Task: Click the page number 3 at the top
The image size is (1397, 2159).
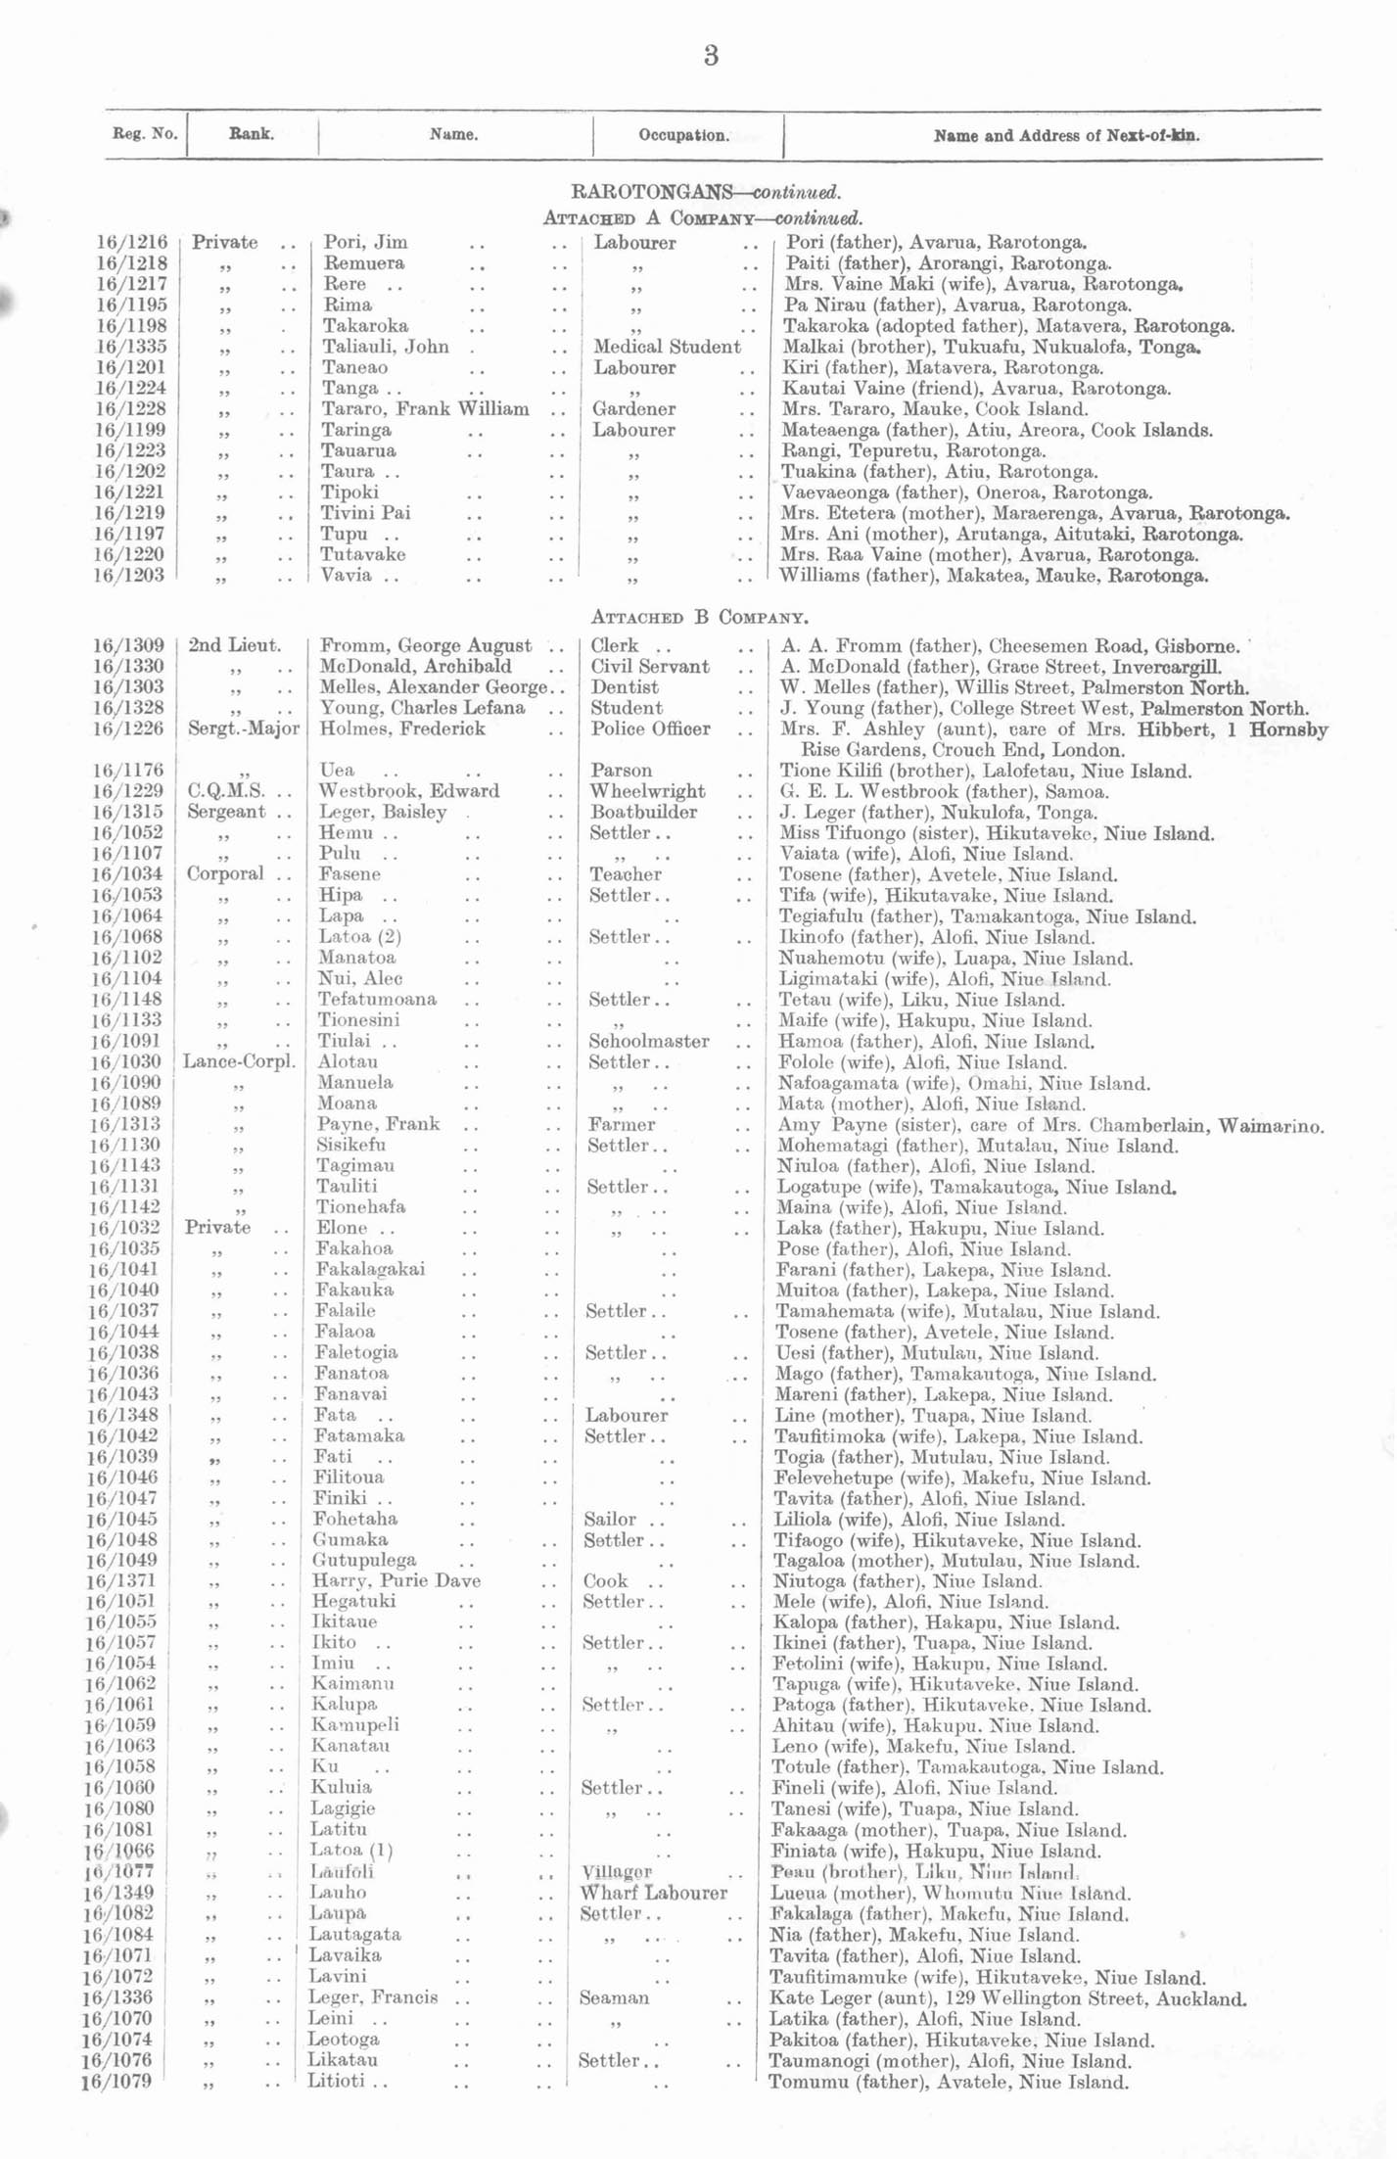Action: pyautogui.click(x=711, y=56)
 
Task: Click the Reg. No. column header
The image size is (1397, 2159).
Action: pyautogui.click(x=145, y=134)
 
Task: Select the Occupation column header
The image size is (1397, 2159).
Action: pyautogui.click(x=683, y=135)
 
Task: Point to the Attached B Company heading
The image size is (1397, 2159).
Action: pyautogui.click(x=699, y=617)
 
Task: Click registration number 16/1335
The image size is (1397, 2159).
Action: pyautogui.click(x=131, y=347)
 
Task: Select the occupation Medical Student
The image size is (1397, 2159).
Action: pyautogui.click(x=667, y=347)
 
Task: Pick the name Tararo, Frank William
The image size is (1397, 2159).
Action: pyautogui.click(x=425, y=409)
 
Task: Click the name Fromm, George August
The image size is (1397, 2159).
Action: pyautogui.click(x=426, y=646)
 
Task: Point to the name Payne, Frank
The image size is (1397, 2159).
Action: pyautogui.click(x=378, y=1124)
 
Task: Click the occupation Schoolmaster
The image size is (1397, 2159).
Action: pyautogui.click(x=648, y=1042)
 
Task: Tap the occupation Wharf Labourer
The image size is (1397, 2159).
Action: pyautogui.click(x=653, y=1893)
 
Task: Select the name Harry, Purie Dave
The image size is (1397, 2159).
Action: pyautogui.click(x=396, y=1581)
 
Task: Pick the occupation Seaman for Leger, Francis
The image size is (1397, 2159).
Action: pyautogui.click(x=614, y=1997)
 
